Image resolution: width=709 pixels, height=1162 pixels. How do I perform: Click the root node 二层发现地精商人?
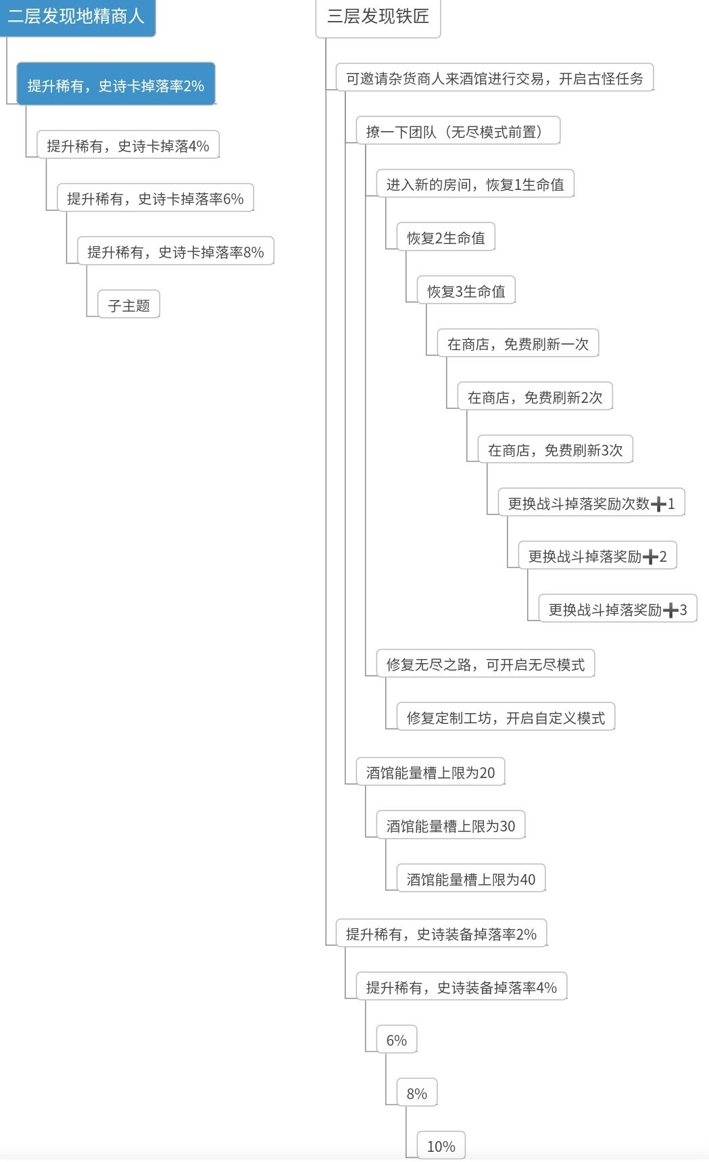[76, 16]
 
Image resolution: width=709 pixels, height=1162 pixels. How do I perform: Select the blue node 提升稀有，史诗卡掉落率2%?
[116, 85]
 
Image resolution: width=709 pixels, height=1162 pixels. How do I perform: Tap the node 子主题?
[128, 305]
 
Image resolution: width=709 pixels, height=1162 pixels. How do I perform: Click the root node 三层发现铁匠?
[378, 16]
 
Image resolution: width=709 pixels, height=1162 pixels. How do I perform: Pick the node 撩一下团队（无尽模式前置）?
[458, 131]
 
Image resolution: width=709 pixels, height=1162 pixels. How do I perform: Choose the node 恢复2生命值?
[445, 237]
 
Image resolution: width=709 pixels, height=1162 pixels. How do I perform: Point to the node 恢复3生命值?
[466, 291]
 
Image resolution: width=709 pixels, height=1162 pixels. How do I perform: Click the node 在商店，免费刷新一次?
[518, 344]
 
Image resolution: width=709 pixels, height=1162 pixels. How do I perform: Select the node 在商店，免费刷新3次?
[555, 450]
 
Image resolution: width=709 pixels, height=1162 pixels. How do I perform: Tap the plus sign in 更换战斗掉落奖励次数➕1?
[658, 504]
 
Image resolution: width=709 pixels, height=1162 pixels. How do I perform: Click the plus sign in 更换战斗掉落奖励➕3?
[670, 610]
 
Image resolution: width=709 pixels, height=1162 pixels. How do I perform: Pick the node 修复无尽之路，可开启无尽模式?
[485, 664]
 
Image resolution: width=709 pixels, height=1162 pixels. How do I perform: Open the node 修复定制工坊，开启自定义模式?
[506, 718]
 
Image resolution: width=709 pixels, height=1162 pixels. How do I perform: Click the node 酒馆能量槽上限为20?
[430, 772]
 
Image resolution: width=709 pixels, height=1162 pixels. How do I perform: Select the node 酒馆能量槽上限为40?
[470, 879]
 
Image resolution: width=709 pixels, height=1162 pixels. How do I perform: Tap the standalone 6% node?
[397, 1040]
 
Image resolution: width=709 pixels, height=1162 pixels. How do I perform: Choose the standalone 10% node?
[441, 1146]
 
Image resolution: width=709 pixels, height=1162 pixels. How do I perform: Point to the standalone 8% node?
[416, 1093]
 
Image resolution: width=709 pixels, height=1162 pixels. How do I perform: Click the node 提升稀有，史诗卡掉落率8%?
[175, 251]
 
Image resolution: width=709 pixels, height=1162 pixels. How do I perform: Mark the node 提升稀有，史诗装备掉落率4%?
[461, 987]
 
